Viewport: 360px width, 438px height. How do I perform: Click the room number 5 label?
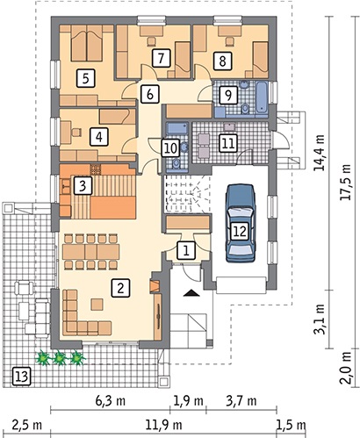coord(86,78)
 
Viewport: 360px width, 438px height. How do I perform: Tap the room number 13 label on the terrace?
coord(21,376)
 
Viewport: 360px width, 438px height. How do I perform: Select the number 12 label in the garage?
coord(240,231)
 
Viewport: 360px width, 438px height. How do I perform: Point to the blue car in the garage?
coord(240,223)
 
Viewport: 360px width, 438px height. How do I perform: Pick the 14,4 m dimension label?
coord(319,153)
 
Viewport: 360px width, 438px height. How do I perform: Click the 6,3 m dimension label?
coord(110,400)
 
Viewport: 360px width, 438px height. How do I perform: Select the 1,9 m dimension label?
coord(188,400)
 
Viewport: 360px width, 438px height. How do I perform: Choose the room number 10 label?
coord(170,147)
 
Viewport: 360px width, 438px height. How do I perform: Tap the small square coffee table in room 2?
coord(97,305)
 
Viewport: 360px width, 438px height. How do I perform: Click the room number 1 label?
coord(186,250)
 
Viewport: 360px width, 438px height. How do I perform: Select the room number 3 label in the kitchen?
coord(83,185)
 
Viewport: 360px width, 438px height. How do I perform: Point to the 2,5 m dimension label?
coord(27,424)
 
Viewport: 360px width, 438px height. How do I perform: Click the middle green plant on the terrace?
coord(60,357)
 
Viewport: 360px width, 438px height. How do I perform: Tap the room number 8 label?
coord(222,61)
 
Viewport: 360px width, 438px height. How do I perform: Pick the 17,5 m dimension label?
coord(347,183)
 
